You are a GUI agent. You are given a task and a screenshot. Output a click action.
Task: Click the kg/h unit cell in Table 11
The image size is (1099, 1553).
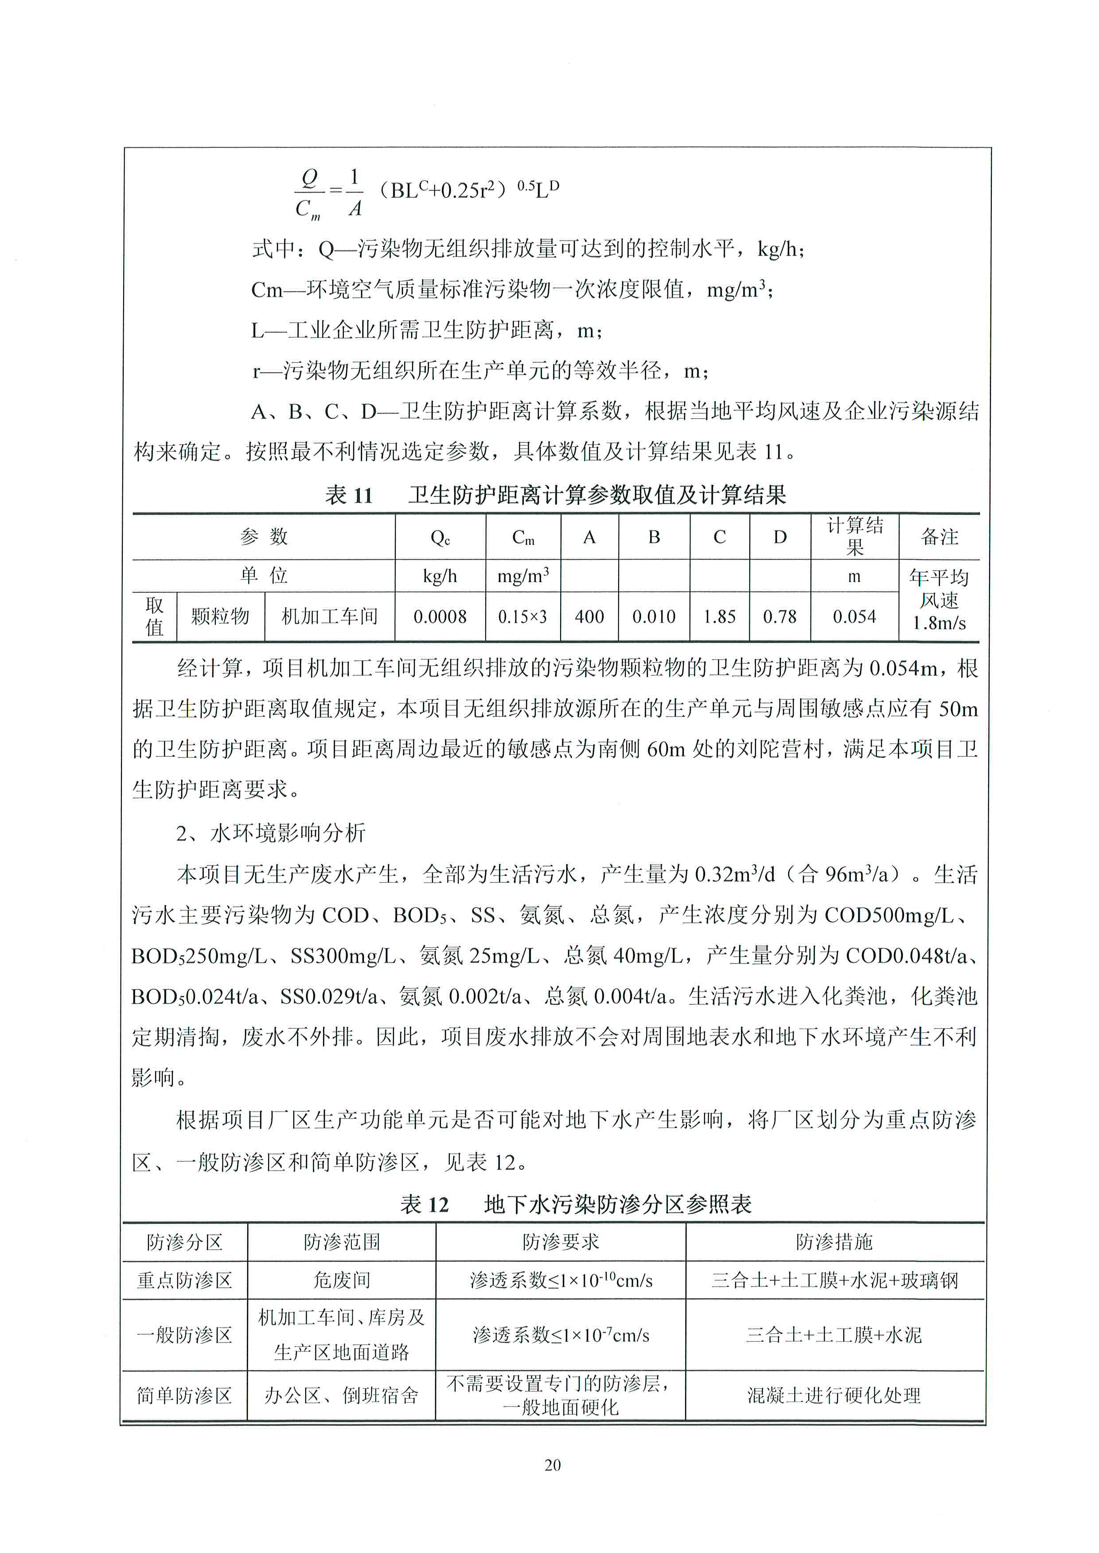click(x=440, y=576)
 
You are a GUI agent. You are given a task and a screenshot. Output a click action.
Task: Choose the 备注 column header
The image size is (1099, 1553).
click(x=939, y=537)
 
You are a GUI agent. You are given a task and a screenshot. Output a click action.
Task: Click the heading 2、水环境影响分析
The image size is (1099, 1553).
click(x=271, y=833)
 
